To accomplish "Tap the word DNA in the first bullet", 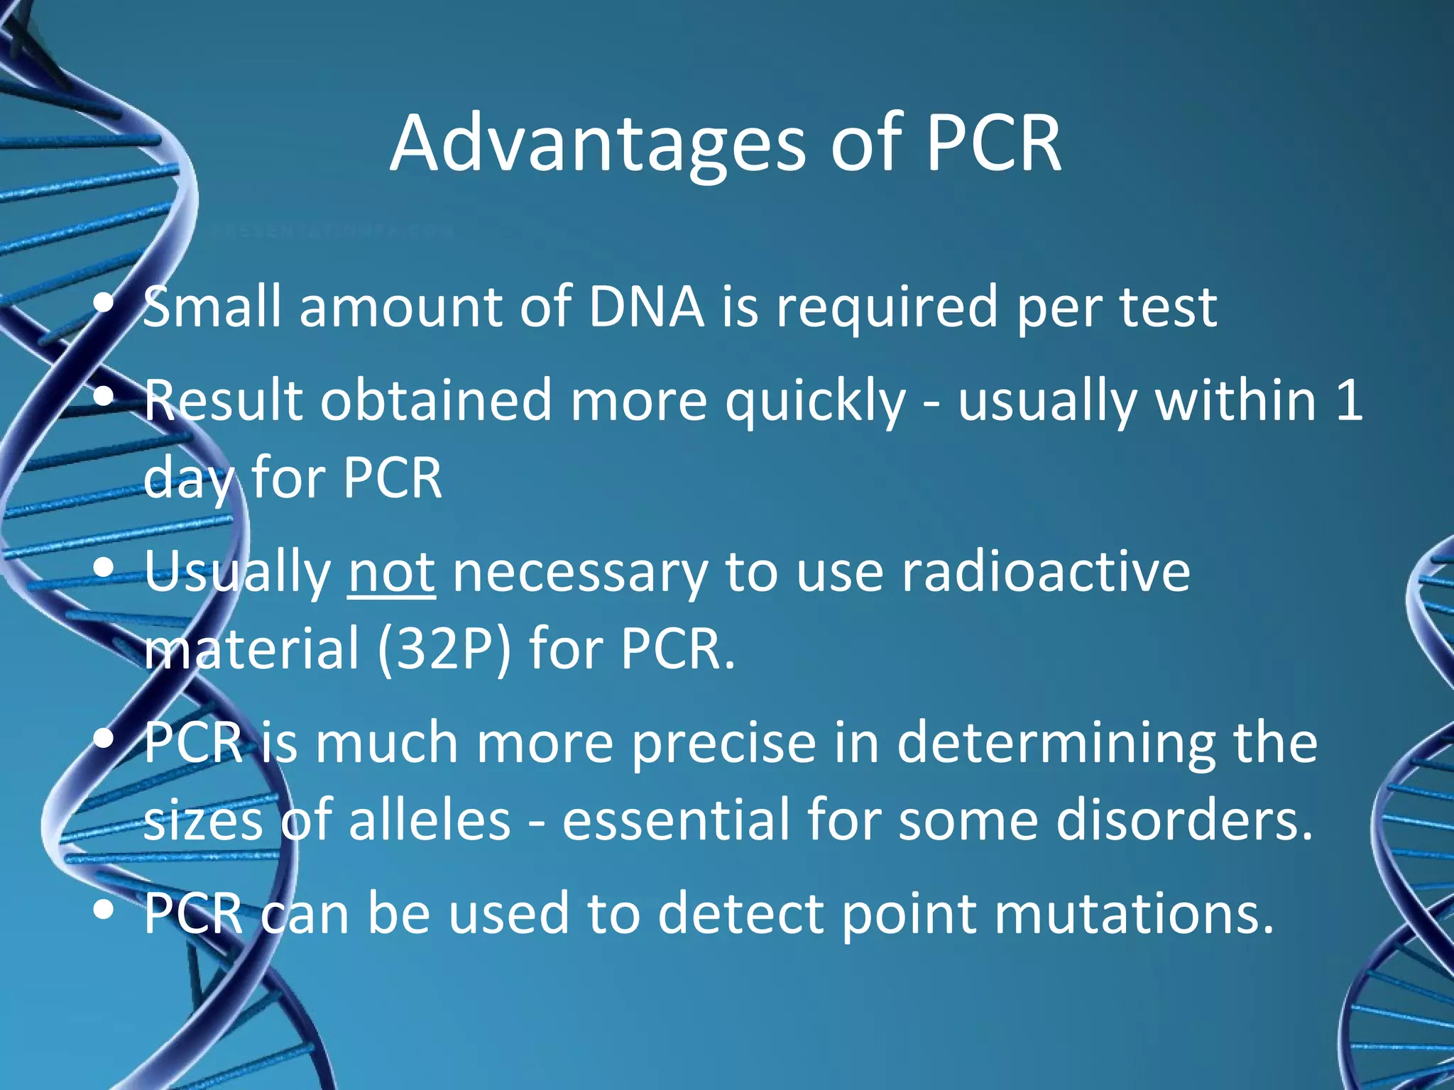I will [646, 307].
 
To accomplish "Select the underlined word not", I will [391, 572].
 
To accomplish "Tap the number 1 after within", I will [1348, 401].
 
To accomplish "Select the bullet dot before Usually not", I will [104, 568].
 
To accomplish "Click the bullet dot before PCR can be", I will [104, 910].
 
